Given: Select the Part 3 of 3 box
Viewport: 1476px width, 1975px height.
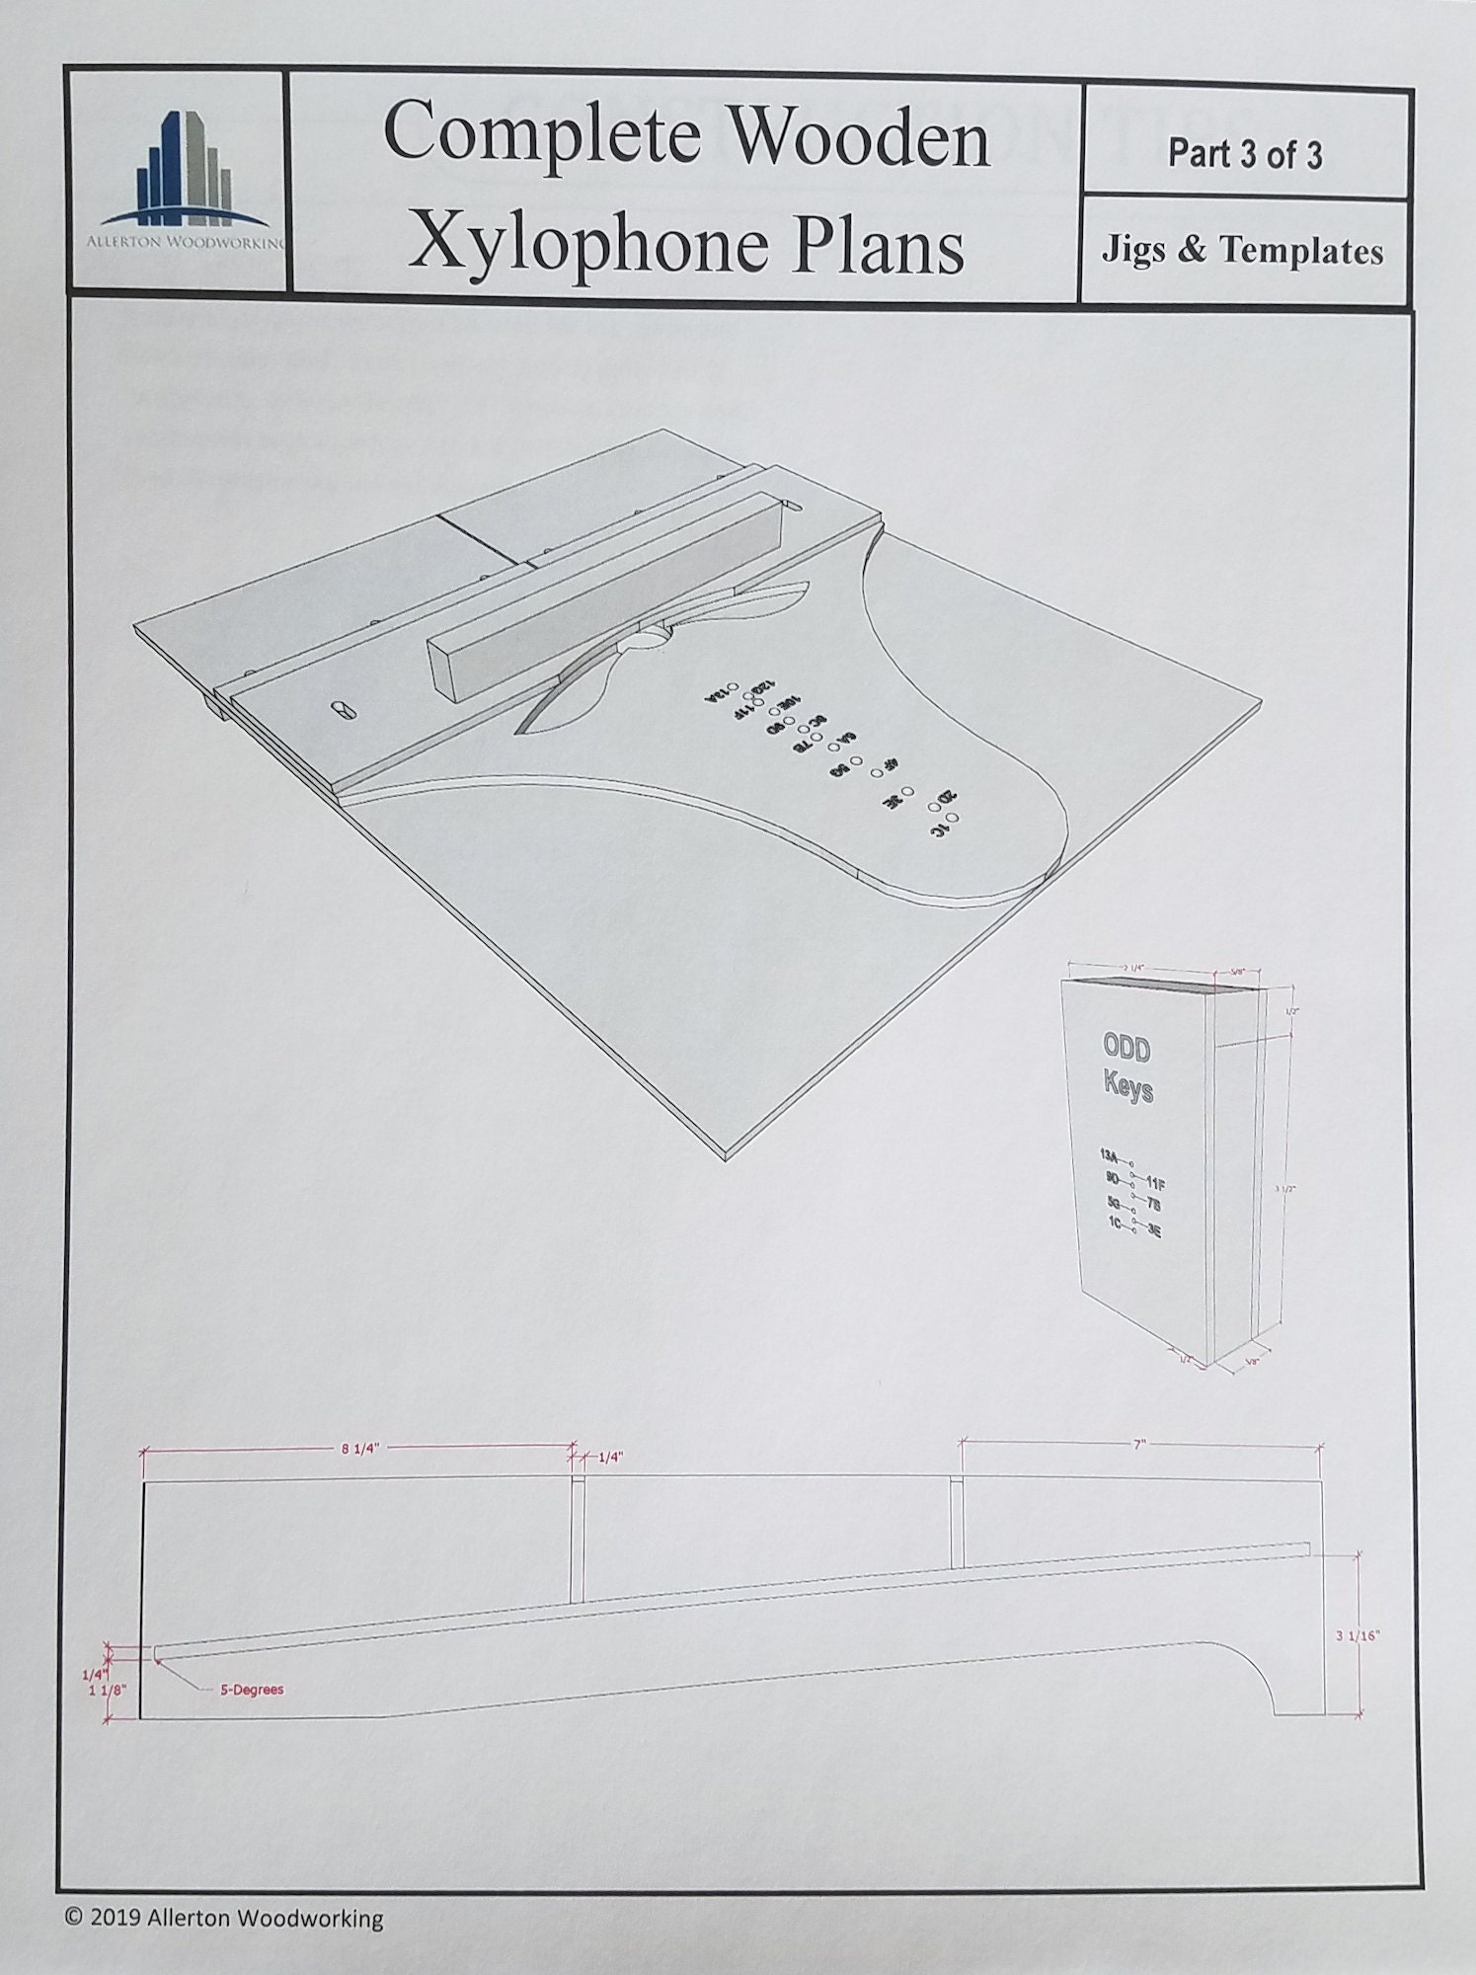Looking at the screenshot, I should pyautogui.click(x=1244, y=154).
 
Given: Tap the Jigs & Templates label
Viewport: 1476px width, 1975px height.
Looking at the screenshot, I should pyautogui.click(x=1242, y=251).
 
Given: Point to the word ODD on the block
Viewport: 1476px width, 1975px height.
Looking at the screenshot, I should pyautogui.click(x=1126, y=1049).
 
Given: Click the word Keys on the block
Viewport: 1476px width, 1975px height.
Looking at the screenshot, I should pyautogui.click(x=1128, y=1091).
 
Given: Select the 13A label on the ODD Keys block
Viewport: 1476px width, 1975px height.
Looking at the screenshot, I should pyautogui.click(x=1108, y=1154).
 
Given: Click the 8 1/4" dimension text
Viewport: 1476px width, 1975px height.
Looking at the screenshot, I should pyautogui.click(x=359, y=1449).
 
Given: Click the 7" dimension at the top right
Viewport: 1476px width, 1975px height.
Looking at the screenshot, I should pyautogui.click(x=1138, y=1444).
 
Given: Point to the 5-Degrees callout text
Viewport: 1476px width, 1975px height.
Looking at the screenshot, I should pyautogui.click(x=251, y=1690).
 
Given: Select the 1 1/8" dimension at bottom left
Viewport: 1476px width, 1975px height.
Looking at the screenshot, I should pyautogui.click(x=108, y=1690).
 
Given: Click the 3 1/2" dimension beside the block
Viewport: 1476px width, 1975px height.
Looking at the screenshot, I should pyautogui.click(x=1282, y=1190).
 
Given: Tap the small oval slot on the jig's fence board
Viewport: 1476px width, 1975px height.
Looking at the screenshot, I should pyautogui.click(x=342, y=710).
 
